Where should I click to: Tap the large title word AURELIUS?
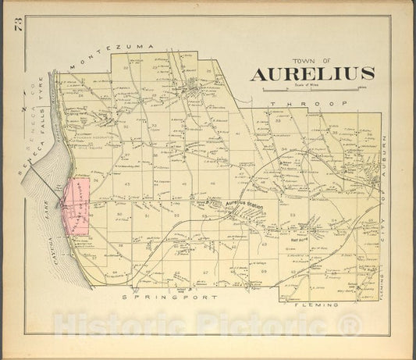[312, 75]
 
